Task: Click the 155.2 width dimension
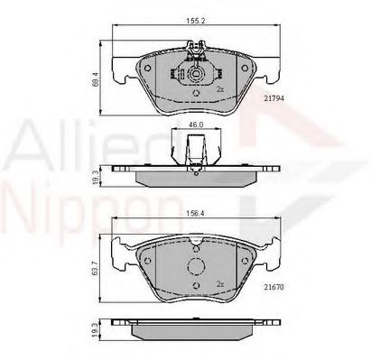pyautogui.click(x=192, y=18)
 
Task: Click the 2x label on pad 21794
pyautogui.click(x=219, y=89)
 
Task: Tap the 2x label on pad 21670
pyautogui.click(x=219, y=282)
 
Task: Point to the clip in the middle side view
pyautogui.click(x=194, y=148)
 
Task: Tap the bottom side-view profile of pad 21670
pyautogui.click(x=194, y=331)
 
